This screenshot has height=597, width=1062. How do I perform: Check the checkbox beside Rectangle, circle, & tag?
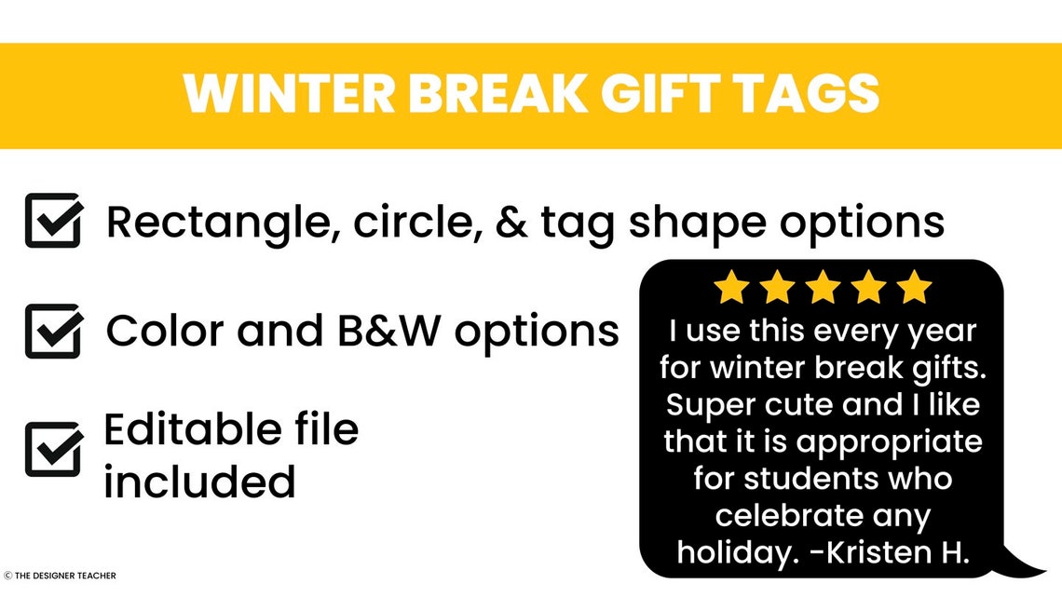coord(53,221)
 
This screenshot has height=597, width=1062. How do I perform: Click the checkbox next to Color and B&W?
coord(53,331)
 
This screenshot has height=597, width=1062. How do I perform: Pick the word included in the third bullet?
coord(199,482)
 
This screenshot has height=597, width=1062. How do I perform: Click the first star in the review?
coord(731,288)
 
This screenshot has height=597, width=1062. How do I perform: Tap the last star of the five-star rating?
coord(914,288)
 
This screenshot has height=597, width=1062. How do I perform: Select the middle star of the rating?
coord(823,288)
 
